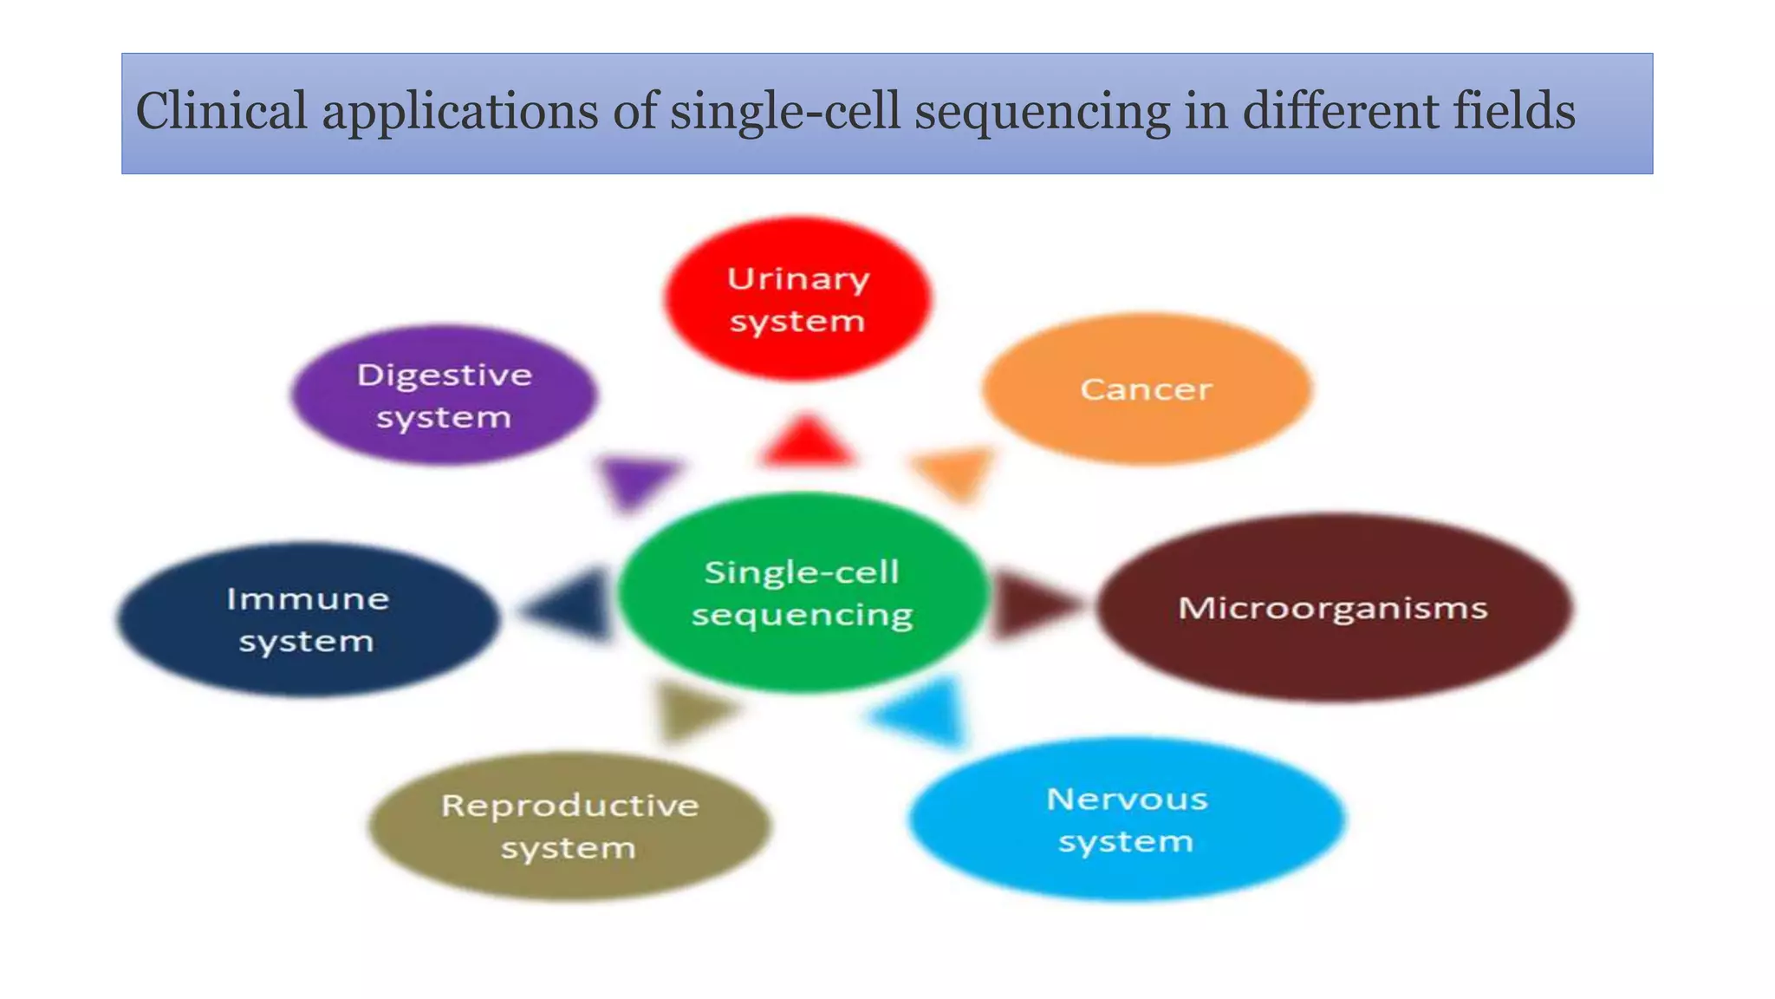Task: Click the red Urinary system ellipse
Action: [797, 299]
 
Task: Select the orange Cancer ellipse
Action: [1146, 388]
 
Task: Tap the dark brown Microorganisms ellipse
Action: [1334, 607]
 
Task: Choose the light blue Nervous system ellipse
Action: [1127, 819]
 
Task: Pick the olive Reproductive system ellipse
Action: [569, 826]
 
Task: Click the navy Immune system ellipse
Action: [308, 619]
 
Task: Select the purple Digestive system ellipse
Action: [444, 395]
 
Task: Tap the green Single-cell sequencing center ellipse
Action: [802, 593]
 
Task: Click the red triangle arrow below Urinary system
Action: [806, 442]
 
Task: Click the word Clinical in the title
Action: [222, 112]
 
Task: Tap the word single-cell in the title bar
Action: [785, 112]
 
